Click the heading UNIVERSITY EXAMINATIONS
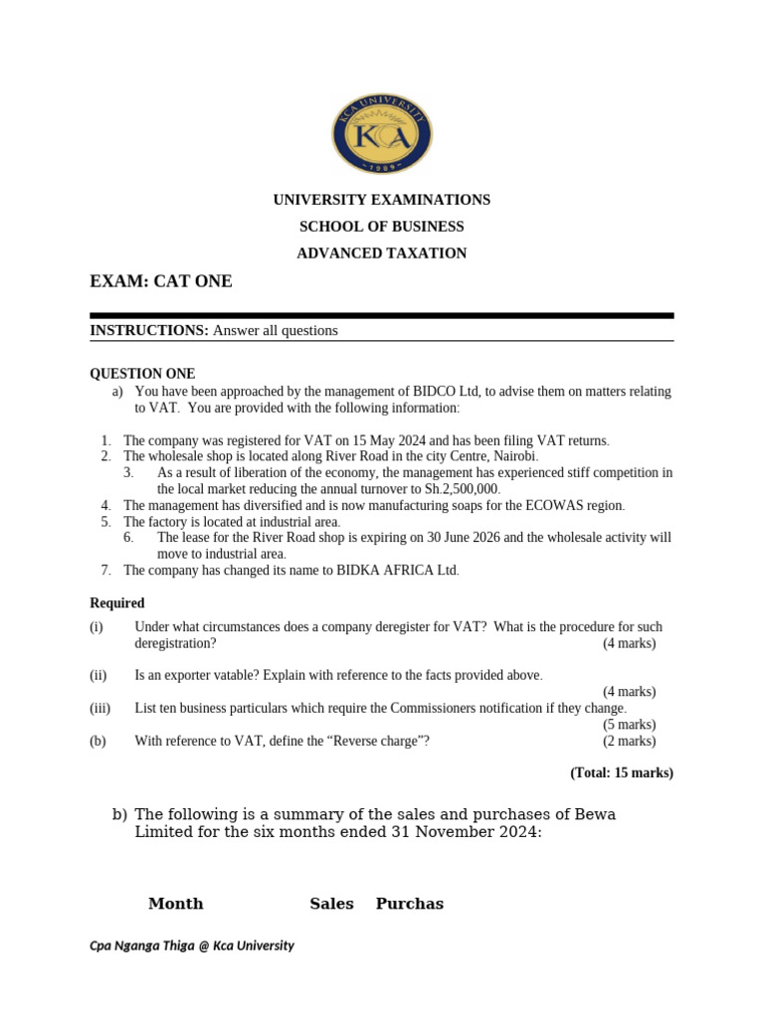pyautogui.click(x=382, y=200)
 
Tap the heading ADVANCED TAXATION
pyautogui.click(x=382, y=254)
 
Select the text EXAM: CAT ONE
pyautogui.click(x=161, y=281)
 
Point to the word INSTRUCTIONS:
pyautogui.click(x=149, y=330)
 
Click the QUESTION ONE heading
pyautogui.click(x=142, y=374)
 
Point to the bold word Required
pyautogui.click(x=117, y=603)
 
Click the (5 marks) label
pyautogui.click(x=629, y=725)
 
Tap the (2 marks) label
pyautogui.click(x=629, y=741)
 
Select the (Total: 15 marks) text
pyautogui.click(x=621, y=772)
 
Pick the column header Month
pyautogui.click(x=175, y=904)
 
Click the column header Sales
pyautogui.click(x=331, y=904)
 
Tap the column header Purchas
pyautogui.click(x=409, y=904)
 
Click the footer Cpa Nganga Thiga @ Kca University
pyautogui.click(x=192, y=945)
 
